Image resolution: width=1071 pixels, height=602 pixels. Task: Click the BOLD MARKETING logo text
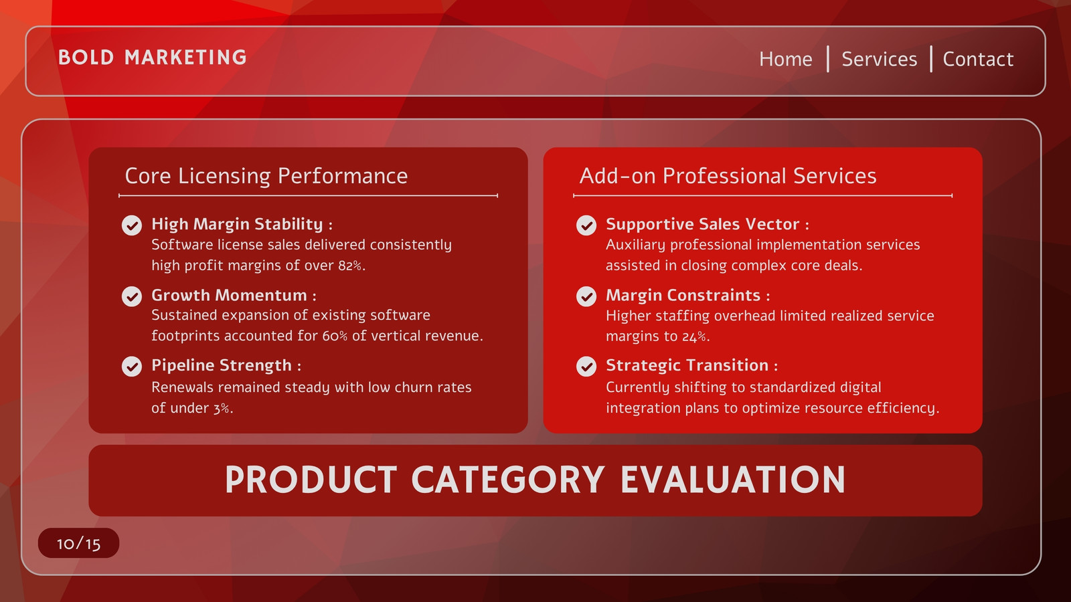coord(153,58)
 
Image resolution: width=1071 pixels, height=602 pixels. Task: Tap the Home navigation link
coord(786,60)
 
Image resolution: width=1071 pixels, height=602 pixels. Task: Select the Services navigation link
coord(880,60)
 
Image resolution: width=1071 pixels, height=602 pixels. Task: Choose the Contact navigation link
coord(978,60)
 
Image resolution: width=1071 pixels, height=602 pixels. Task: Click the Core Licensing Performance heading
coord(266,176)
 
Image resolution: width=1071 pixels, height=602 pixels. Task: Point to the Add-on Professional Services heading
coord(728,176)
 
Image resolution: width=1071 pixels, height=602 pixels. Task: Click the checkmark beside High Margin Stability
coord(131,225)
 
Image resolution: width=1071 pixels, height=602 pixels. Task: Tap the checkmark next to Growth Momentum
coord(131,296)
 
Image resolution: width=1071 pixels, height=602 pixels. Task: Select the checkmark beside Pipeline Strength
coord(131,367)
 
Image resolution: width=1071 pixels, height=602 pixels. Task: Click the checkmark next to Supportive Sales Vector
coord(586,225)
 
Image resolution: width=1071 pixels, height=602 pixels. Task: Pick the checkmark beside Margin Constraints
coord(586,296)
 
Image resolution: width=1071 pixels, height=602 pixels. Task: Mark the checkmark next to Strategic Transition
coord(586,367)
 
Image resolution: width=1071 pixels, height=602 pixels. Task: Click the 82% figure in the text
coord(350,266)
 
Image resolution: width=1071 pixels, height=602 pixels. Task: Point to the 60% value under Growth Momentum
coord(335,336)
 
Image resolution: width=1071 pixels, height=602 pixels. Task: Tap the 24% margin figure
coord(694,336)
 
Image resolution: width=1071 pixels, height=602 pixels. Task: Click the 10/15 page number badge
coord(78,543)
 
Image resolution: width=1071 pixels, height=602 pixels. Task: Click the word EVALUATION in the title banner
coord(732,480)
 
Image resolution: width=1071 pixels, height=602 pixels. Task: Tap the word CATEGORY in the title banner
coord(508,480)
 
